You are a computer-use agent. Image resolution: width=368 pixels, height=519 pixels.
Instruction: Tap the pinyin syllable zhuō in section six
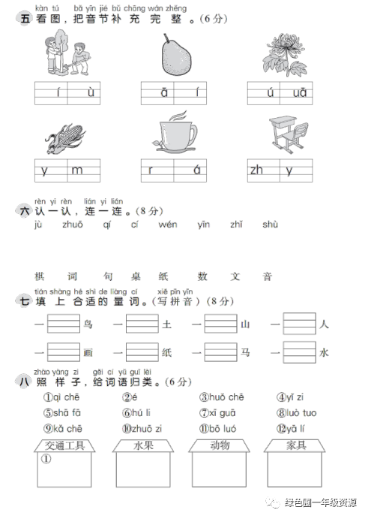click(73, 225)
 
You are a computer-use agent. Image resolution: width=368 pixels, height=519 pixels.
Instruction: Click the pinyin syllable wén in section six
click(168, 225)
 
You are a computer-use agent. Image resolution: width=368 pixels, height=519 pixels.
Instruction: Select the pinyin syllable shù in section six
click(271, 225)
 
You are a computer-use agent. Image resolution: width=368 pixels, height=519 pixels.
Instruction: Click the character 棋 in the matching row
click(40, 277)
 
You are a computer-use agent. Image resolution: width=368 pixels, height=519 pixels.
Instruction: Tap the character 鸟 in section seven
click(88, 324)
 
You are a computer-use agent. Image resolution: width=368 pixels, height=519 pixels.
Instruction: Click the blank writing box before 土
click(142, 324)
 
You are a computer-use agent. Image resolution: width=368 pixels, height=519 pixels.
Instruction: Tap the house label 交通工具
click(64, 445)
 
